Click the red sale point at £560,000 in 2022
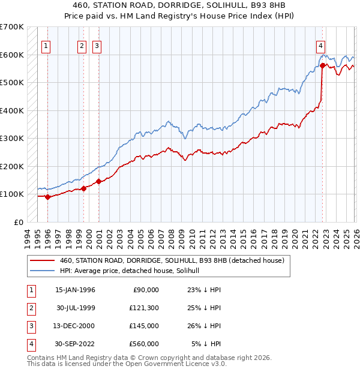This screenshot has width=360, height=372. [323, 65]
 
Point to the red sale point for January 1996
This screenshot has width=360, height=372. [47, 197]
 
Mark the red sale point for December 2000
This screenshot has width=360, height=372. [97, 181]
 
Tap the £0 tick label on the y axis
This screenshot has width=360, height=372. [18, 222]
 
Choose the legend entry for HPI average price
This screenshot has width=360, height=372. [133, 271]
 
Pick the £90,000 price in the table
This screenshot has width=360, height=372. [145, 289]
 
